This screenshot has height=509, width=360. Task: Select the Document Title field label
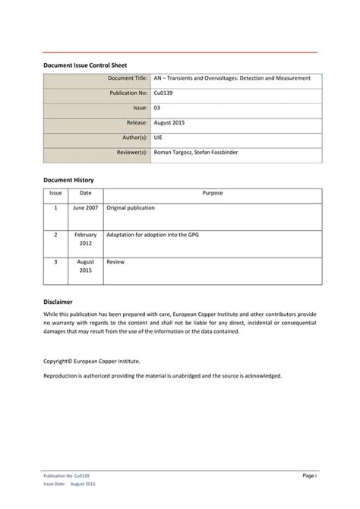pyautogui.click(x=128, y=79)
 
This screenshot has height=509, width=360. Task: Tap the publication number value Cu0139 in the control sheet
pyautogui.click(x=163, y=93)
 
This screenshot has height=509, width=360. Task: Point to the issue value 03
pyautogui.click(x=156, y=108)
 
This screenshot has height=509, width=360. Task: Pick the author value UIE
pyautogui.click(x=158, y=138)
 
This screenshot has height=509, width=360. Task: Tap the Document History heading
pyautogui.click(x=68, y=180)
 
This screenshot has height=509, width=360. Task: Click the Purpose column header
pyautogui.click(x=212, y=193)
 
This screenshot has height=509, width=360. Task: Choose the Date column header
pyautogui.click(x=86, y=193)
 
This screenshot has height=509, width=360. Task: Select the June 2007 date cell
pyautogui.click(x=86, y=207)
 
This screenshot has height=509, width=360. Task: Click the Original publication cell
pyautogui.click(x=131, y=207)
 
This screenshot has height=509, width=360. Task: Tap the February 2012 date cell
pyautogui.click(x=86, y=240)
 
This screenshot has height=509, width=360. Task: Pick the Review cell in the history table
pyautogui.click(x=115, y=261)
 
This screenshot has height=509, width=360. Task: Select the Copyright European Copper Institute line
pyautogui.click(x=91, y=362)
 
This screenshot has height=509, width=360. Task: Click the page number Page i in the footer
pyautogui.click(x=309, y=475)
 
